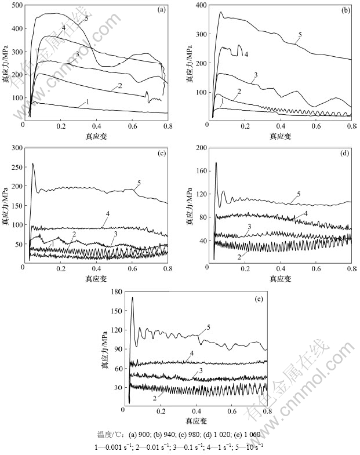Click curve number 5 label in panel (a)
86,19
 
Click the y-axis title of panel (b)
190,63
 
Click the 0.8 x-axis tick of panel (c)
167,269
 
